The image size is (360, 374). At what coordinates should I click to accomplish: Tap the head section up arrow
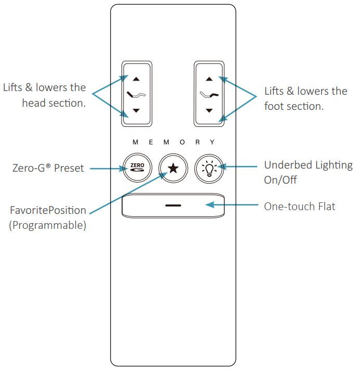coord(136,79)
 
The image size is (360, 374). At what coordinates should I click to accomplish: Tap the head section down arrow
coord(136,110)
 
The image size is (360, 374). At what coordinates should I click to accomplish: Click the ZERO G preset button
coord(138,168)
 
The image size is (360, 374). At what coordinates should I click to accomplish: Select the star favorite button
coord(173,168)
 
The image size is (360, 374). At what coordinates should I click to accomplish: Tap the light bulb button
coord(209,169)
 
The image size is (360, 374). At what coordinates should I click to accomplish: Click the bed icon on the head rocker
coord(136,95)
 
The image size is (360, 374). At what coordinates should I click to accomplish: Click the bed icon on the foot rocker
coord(209,95)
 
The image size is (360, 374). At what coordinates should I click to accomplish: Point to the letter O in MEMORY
coord(182,143)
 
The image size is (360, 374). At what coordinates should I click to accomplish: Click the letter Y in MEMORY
coord(212,142)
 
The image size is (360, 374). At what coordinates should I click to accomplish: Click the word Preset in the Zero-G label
coord(69,168)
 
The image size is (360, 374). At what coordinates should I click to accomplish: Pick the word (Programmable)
coord(47,225)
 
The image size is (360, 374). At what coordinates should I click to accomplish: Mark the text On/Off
coord(281,180)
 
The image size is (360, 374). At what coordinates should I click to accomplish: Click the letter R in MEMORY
coord(197,143)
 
